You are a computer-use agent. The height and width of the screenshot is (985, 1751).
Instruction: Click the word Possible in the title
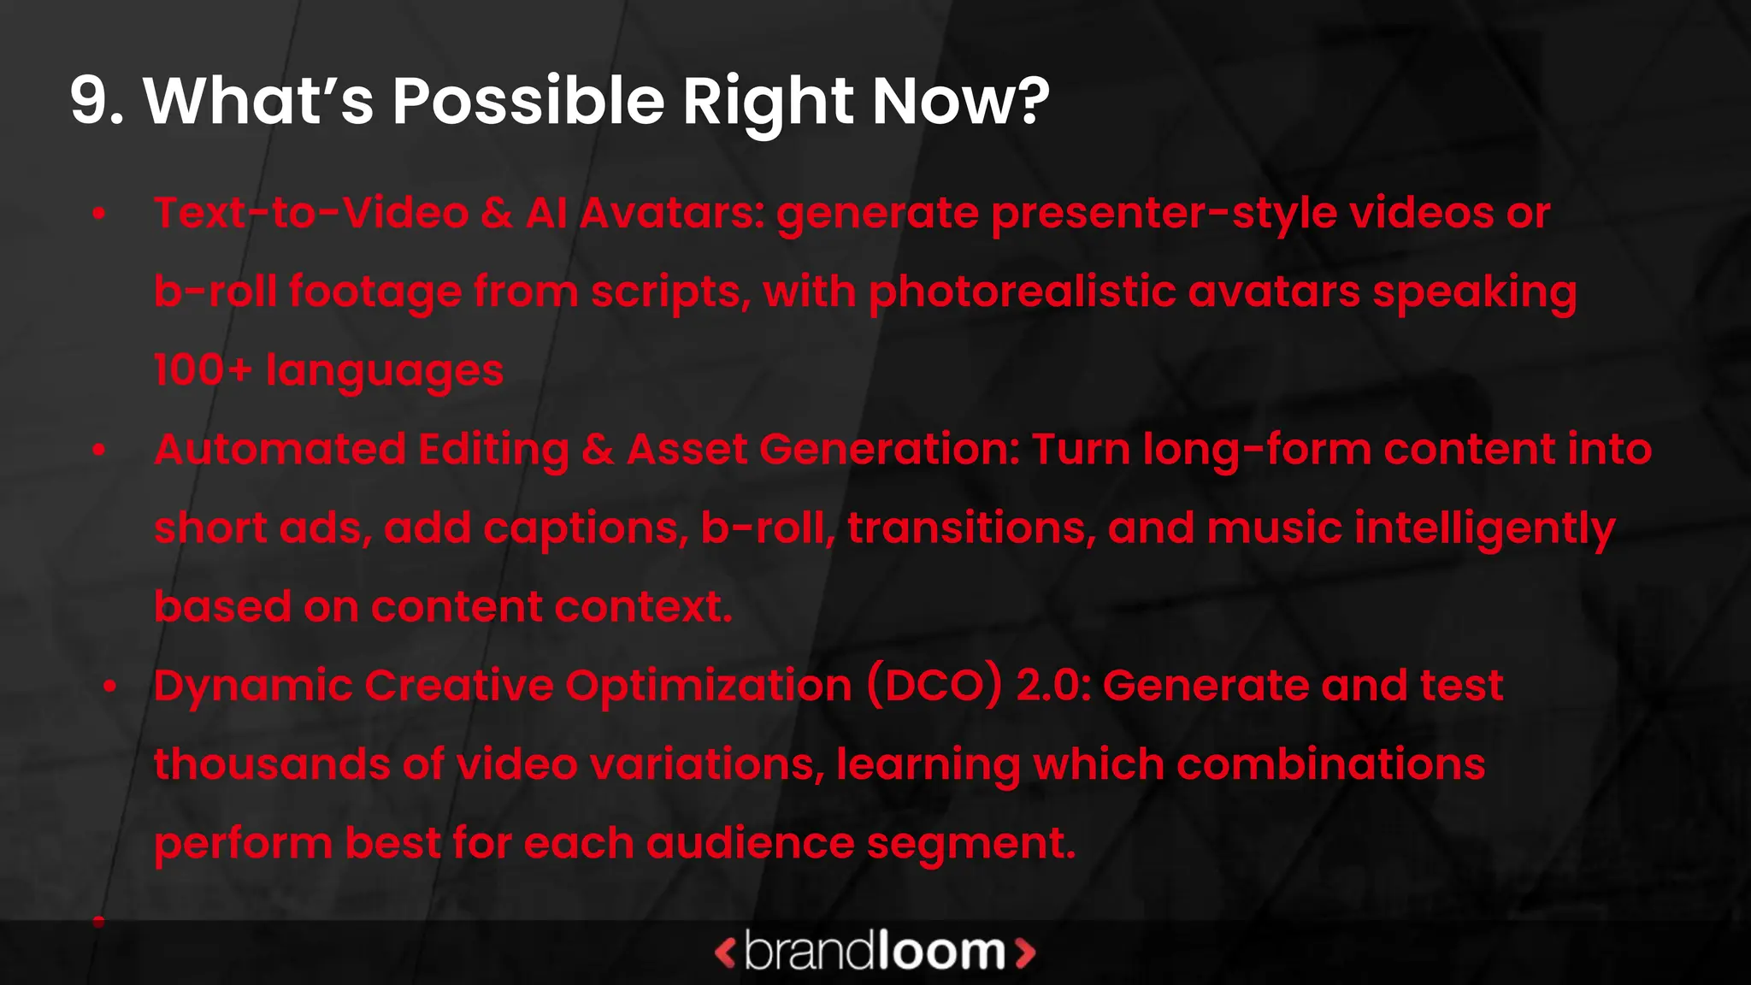[x=528, y=101]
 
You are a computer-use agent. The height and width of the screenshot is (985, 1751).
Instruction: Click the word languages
[x=385, y=372]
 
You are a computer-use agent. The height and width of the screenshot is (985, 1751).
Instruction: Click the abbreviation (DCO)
[x=934, y=686]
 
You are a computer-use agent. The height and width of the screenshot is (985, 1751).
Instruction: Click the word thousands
[x=271, y=764]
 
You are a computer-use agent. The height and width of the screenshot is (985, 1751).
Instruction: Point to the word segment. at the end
[x=970, y=844]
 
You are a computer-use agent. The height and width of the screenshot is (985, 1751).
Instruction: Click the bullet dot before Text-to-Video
[x=99, y=213]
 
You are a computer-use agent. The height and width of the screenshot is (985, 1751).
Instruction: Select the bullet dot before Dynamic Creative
[x=109, y=686]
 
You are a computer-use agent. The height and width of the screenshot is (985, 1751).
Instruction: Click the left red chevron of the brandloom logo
[x=725, y=953]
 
